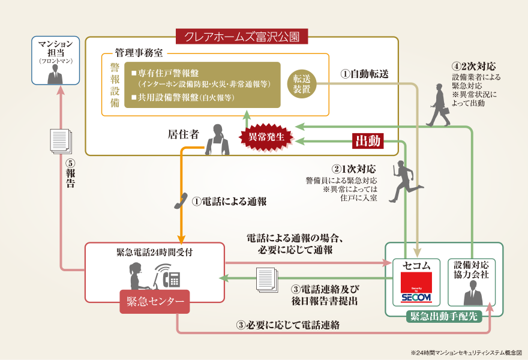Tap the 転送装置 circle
pyautogui.click(x=302, y=85)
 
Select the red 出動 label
pyautogui.click(x=368, y=141)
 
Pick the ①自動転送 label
pyautogui.click(x=365, y=74)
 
